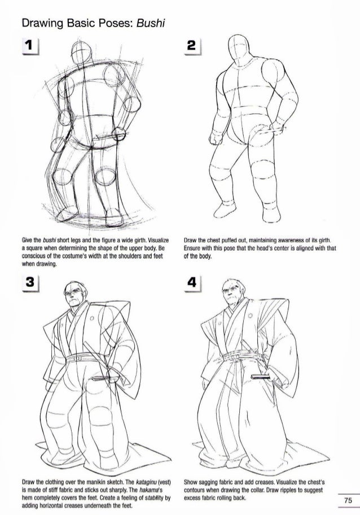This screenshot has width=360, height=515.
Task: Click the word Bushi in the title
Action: (150, 23)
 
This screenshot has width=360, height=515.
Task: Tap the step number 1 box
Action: (30, 46)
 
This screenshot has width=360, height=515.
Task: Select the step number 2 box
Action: (192, 46)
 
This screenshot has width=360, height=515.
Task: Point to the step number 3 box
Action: (30, 283)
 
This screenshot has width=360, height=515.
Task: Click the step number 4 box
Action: (192, 282)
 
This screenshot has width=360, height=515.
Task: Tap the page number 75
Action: (348, 500)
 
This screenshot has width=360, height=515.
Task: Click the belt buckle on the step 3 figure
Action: (78, 357)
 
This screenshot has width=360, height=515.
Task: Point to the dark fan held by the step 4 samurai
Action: (260, 377)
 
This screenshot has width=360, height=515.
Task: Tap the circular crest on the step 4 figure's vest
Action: (250, 316)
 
